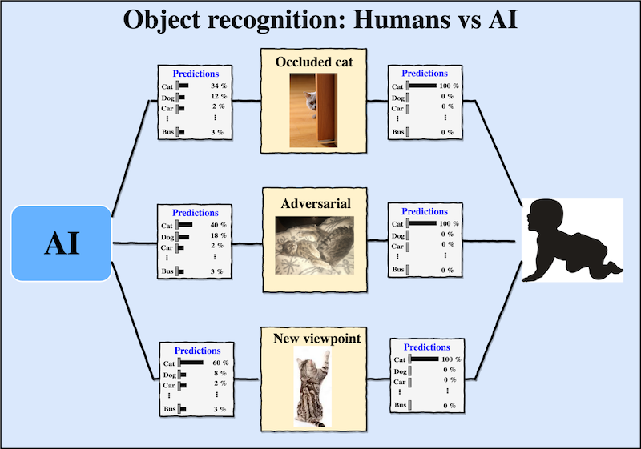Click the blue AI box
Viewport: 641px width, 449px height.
(x=62, y=243)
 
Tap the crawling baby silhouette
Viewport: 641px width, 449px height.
(x=572, y=241)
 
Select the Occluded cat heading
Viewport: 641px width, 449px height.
(x=314, y=62)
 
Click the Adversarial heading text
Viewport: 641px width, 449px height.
(x=316, y=203)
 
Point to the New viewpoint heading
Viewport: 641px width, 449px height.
(x=316, y=339)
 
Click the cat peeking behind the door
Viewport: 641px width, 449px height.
(x=310, y=102)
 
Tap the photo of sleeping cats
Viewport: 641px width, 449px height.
(x=314, y=246)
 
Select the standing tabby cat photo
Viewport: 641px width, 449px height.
(x=312, y=386)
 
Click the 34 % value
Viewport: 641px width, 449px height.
(x=219, y=86)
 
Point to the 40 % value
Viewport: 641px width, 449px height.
(x=218, y=225)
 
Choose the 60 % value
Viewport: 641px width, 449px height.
(x=220, y=363)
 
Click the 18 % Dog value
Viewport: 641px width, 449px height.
(x=218, y=235)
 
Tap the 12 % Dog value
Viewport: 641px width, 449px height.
(x=219, y=96)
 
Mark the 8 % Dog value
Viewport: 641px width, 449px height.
(x=220, y=373)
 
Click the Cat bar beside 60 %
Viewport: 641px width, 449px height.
(x=191, y=363)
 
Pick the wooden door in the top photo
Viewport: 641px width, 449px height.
(x=326, y=110)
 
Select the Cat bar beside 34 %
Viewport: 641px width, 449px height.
(x=183, y=86)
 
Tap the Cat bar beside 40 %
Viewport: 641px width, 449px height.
(x=184, y=224)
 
